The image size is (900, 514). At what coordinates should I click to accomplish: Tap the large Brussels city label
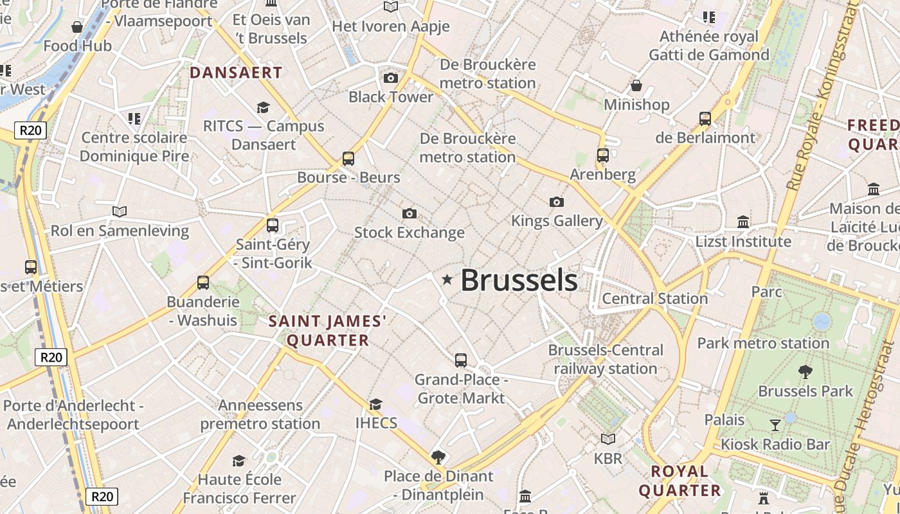coord(519,280)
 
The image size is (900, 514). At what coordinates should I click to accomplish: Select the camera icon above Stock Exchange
coord(409,213)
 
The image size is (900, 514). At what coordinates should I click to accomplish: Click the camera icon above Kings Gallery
coord(557,202)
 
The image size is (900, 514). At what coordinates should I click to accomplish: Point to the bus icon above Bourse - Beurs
coord(348,158)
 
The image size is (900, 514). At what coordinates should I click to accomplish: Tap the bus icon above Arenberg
coord(603,155)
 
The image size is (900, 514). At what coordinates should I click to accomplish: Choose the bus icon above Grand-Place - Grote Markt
coord(461,360)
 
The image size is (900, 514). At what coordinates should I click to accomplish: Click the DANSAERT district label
coord(236,73)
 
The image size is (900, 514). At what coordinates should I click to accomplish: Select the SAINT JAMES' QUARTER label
coord(328,330)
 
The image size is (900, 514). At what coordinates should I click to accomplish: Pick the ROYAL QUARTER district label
coord(679,481)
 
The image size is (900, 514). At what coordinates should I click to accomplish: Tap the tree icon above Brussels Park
coord(805,371)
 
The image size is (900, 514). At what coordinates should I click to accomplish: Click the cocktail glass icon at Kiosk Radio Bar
coord(775,425)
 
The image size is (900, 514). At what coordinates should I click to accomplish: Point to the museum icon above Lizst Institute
coord(743,222)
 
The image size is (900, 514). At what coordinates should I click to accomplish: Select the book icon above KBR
coord(608,439)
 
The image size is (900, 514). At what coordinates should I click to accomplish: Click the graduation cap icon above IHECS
coord(375,404)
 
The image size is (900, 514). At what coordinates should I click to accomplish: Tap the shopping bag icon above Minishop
coord(636,85)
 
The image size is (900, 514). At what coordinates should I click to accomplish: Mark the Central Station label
coord(654,299)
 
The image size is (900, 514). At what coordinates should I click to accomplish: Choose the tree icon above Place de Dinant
coord(438,457)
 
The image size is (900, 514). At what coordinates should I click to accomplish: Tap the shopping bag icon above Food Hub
coord(77,27)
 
